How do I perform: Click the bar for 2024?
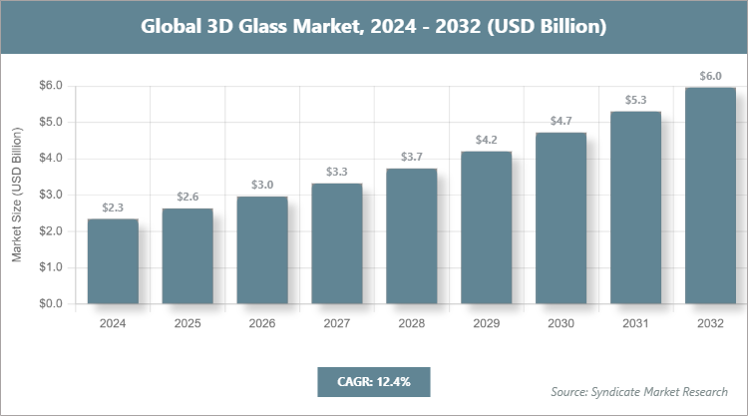pyautogui.click(x=113, y=261)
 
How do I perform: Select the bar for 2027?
pyautogui.click(x=337, y=243)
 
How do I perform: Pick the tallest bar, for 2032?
pyautogui.click(x=710, y=196)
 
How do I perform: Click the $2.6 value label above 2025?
pyautogui.click(x=187, y=197)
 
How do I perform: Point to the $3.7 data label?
pyautogui.click(x=412, y=157)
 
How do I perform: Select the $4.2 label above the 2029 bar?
pyautogui.click(x=487, y=140)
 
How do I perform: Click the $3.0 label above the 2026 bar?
pyautogui.click(x=262, y=185)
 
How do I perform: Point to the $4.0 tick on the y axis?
pyautogui.click(x=50, y=159)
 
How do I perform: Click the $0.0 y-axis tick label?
pyautogui.click(x=50, y=304)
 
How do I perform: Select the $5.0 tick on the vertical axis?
pyautogui.click(x=50, y=123)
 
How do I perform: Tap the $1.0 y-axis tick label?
pyautogui.click(x=50, y=267)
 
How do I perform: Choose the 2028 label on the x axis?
pyautogui.click(x=412, y=324)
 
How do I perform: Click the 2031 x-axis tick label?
pyautogui.click(x=635, y=324)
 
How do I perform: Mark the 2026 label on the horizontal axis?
pyautogui.click(x=262, y=324)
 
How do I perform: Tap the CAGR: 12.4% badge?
pyautogui.click(x=374, y=381)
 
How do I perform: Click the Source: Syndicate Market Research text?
pyautogui.click(x=639, y=391)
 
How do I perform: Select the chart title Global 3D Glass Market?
pyautogui.click(x=374, y=26)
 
